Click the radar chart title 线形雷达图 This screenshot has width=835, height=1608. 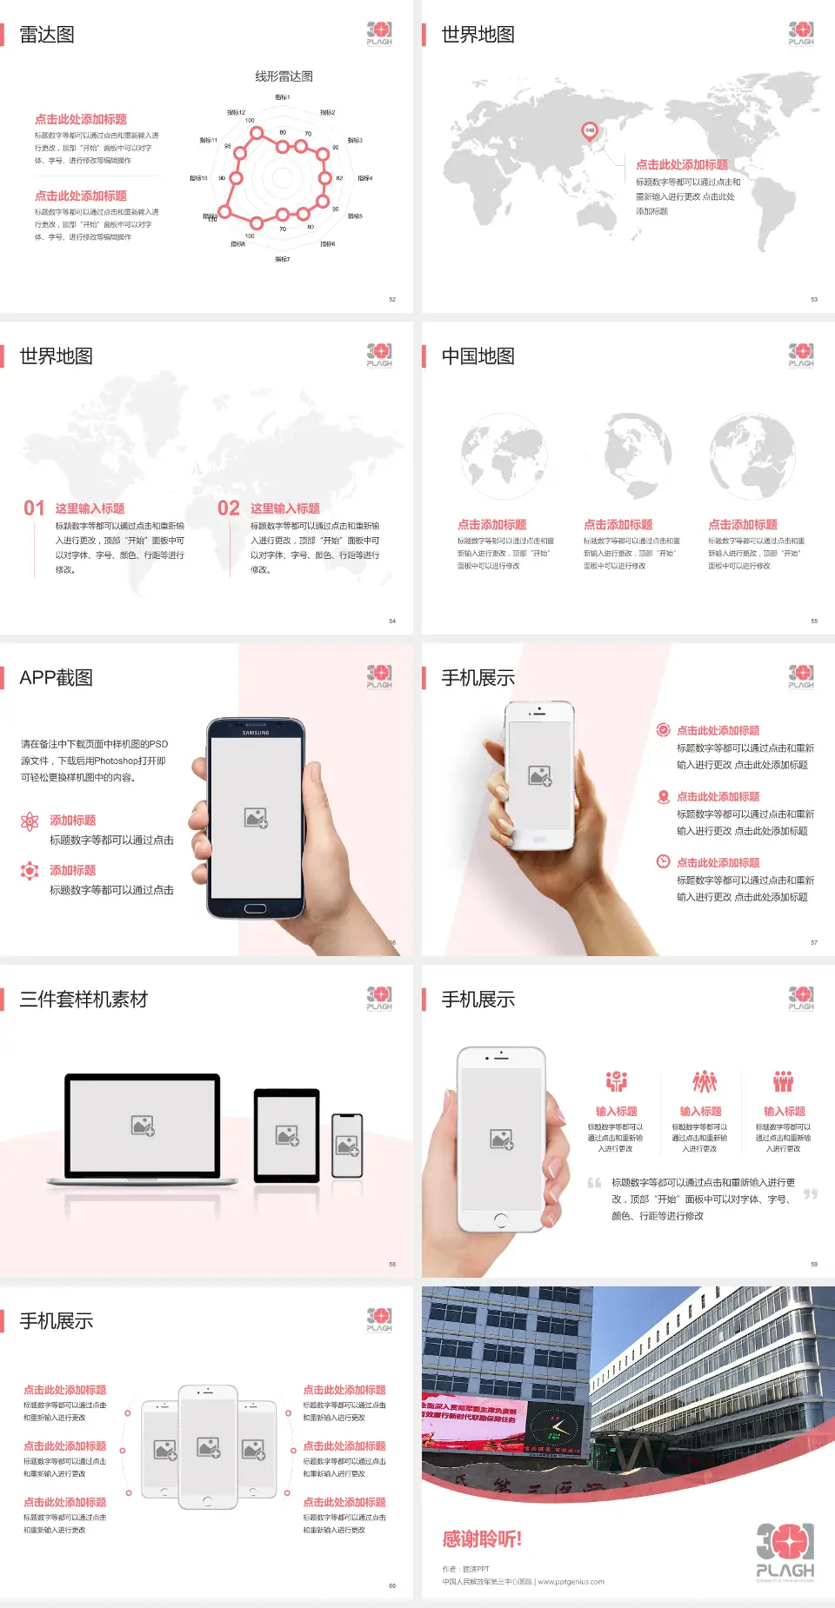pos(284,76)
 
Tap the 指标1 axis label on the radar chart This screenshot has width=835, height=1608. pos(283,97)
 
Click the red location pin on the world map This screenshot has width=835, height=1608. pos(589,131)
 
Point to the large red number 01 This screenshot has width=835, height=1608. pos(34,508)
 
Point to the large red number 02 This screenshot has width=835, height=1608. pos(229,508)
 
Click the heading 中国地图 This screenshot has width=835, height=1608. pos(478,356)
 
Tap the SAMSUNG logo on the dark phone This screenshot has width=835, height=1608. pos(256,733)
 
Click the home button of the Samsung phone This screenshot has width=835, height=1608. pos(255,908)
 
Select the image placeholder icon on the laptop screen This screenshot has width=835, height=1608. pos(143,1126)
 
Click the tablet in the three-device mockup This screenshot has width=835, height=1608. pos(286,1135)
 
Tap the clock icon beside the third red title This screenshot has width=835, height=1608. pos(663,861)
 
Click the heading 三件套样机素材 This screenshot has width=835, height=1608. pos(83,1000)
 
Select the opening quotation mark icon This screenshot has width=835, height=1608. pos(594,1183)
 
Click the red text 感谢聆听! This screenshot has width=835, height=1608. pos(482,1539)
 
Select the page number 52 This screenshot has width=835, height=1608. pos(392,299)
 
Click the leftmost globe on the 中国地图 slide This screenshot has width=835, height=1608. pos(504,457)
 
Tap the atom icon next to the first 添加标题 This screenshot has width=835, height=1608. pos(30,821)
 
